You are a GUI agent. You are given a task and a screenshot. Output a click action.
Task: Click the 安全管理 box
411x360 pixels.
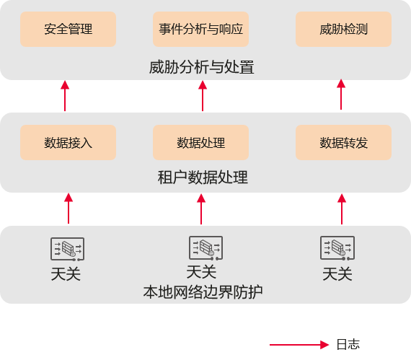[x=68, y=29]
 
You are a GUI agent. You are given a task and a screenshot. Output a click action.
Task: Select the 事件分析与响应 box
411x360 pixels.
[x=200, y=29]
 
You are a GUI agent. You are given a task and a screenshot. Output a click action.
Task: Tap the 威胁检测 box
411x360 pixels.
[x=344, y=29]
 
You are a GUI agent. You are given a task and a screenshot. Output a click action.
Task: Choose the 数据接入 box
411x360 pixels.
[x=68, y=143]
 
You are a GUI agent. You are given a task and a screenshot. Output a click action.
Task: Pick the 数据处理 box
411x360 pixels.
[x=200, y=143]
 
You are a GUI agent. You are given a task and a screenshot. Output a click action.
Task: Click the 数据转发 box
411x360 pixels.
[x=344, y=143]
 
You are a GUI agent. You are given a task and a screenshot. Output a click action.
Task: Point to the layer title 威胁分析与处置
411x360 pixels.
[x=202, y=67]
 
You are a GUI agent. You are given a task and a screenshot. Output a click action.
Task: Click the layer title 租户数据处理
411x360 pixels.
[x=203, y=177]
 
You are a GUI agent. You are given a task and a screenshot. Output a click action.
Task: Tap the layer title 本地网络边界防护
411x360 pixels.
[x=203, y=292]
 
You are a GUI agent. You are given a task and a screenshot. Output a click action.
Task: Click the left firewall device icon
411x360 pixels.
[x=67, y=249]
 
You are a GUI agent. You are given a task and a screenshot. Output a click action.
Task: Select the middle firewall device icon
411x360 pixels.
[x=206, y=248]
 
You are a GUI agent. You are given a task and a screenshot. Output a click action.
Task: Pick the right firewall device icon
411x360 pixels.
[x=337, y=248]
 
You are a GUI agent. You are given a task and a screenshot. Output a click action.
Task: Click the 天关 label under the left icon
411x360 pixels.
[x=66, y=274]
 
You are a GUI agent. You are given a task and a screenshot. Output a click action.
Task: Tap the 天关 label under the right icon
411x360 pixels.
[x=337, y=274]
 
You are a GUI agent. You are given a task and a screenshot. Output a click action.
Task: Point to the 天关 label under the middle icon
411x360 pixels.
[x=201, y=272]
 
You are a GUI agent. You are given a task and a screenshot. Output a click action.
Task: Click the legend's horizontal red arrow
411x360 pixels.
[x=299, y=345]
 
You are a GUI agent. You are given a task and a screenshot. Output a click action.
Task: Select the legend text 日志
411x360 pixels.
[x=348, y=344]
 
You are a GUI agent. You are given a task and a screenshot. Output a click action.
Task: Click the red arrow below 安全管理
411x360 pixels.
[x=65, y=96]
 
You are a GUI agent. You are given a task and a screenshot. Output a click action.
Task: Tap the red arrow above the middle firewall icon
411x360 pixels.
[x=201, y=209]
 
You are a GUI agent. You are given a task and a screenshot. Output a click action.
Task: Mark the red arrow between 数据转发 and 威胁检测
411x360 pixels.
[x=341, y=95]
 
